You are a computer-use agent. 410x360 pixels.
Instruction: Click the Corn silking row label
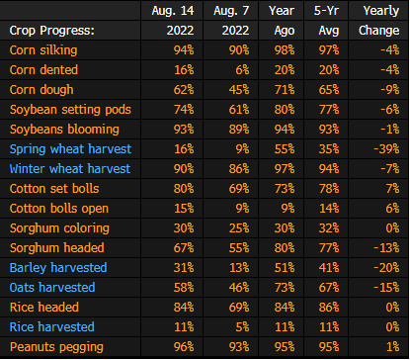43,50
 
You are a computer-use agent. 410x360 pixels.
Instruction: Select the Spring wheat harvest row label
70,149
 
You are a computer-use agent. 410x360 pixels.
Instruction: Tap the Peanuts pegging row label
56,347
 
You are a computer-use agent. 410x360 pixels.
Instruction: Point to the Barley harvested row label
58,268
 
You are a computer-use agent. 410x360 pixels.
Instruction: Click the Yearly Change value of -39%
386,149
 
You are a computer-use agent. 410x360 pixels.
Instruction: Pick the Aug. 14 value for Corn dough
184,90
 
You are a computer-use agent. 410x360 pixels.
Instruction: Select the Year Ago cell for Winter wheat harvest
285,169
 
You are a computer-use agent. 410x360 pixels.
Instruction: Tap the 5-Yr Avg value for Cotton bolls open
329,209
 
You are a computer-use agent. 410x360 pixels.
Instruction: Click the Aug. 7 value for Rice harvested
242,327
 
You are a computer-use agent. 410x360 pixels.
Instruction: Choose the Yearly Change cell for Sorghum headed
386,248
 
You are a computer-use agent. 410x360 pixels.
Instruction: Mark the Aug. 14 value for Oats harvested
184,288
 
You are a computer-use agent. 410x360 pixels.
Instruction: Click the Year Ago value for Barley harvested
285,268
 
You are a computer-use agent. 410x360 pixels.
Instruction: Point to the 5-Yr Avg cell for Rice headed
329,308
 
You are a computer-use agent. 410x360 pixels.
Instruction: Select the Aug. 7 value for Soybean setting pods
239,110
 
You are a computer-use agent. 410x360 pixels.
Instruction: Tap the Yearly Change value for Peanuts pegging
393,347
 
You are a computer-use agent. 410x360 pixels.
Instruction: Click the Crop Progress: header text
52,31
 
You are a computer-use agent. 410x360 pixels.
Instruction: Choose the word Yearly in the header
381,11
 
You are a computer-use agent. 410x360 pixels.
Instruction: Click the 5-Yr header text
326,11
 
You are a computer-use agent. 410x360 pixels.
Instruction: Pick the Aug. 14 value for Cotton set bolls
184,189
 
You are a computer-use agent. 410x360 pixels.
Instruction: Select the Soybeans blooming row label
64,130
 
